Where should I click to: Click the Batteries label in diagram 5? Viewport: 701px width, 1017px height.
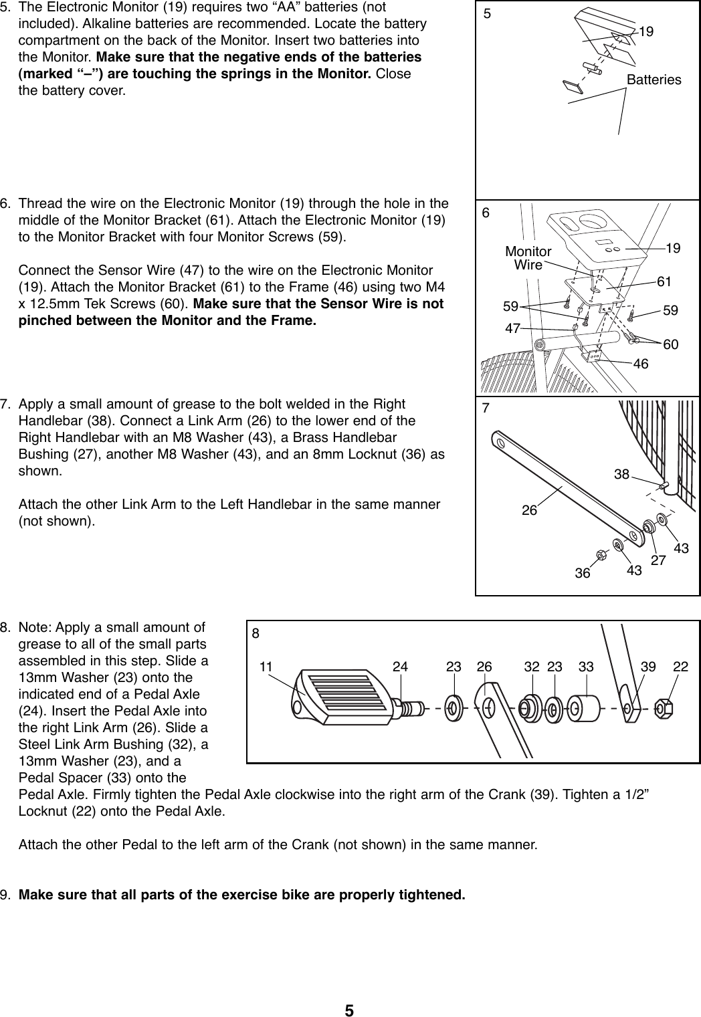(654, 80)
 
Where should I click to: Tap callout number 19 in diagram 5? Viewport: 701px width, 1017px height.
(646, 31)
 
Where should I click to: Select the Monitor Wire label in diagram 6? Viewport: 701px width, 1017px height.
(528, 258)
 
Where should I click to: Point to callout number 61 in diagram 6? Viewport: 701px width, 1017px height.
(664, 282)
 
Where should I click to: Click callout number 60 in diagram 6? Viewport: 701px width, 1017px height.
(670, 344)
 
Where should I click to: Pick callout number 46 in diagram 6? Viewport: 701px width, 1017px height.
(641, 364)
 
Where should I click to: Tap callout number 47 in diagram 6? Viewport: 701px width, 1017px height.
(513, 328)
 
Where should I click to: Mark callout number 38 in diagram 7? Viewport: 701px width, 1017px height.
(621, 474)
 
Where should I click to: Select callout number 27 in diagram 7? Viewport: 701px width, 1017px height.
(658, 560)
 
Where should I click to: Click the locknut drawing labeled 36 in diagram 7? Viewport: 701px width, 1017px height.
(601, 554)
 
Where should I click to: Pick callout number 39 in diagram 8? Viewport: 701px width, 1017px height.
(647, 667)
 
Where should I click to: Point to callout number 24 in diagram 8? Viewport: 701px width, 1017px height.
(400, 667)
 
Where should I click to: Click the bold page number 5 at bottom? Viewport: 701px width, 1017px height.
(349, 1010)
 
